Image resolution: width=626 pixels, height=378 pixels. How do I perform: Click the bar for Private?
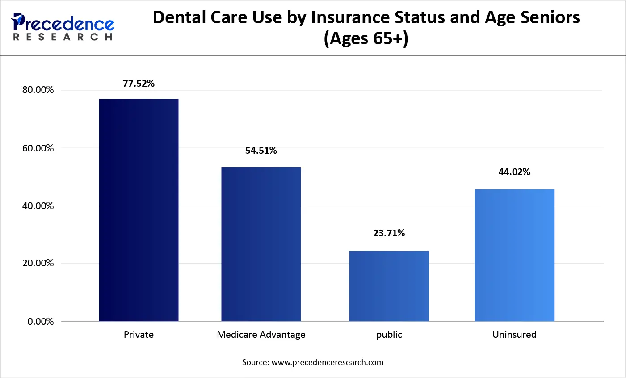coord(139,210)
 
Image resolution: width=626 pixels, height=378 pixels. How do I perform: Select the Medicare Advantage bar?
coord(261,244)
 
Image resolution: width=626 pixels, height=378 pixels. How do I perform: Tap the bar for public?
coord(389,286)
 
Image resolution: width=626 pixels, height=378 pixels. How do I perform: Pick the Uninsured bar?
coord(514,255)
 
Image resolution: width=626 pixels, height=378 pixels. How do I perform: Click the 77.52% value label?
coord(139,84)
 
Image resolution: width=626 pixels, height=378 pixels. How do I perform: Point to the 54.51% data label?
coord(261,151)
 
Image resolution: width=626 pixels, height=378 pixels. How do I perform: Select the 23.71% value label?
coord(389,233)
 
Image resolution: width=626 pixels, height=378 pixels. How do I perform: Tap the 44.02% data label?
coord(514,172)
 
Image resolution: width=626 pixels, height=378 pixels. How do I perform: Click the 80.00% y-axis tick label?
coord(38,90)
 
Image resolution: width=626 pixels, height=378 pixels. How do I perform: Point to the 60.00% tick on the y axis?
coord(38,148)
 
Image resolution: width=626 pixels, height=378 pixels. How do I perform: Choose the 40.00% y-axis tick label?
coord(38,206)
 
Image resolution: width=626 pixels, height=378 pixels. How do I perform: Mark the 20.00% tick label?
coord(38,263)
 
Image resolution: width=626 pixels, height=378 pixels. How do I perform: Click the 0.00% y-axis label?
coord(41,322)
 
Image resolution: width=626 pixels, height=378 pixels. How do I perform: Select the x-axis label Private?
coord(139,335)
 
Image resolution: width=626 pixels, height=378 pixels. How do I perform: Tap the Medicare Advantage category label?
coord(261,335)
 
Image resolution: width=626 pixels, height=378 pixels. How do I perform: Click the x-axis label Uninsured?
coord(514,335)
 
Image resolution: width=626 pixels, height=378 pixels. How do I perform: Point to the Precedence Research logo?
coord(63,27)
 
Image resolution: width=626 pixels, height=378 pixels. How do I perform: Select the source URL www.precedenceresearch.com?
coord(327,362)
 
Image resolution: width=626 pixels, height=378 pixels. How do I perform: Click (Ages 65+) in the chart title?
coord(366,38)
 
